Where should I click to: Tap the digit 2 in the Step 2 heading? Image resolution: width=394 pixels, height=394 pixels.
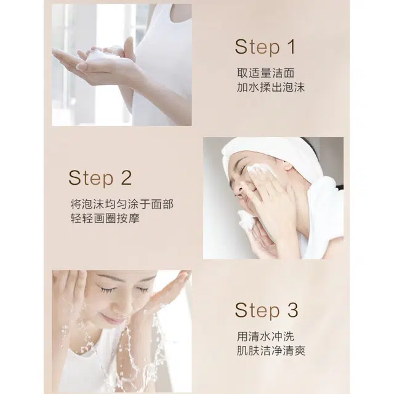(x=126, y=178)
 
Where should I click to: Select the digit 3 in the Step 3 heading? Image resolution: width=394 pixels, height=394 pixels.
(x=292, y=310)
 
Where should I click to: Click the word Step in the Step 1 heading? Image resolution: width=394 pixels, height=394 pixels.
(x=257, y=47)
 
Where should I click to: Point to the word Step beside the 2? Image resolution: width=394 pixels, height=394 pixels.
(x=91, y=178)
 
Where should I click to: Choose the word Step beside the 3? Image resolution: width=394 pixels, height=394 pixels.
(x=257, y=310)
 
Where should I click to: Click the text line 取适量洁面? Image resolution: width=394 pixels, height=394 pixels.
(x=265, y=73)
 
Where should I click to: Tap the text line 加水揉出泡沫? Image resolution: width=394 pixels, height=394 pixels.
(x=271, y=87)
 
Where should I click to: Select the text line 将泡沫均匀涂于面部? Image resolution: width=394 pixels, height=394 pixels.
(x=122, y=204)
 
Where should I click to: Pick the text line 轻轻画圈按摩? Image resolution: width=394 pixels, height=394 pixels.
(x=105, y=219)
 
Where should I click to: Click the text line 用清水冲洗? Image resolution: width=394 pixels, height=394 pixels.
(x=265, y=337)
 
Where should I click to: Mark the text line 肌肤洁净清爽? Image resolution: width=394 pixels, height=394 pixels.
(x=271, y=351)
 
